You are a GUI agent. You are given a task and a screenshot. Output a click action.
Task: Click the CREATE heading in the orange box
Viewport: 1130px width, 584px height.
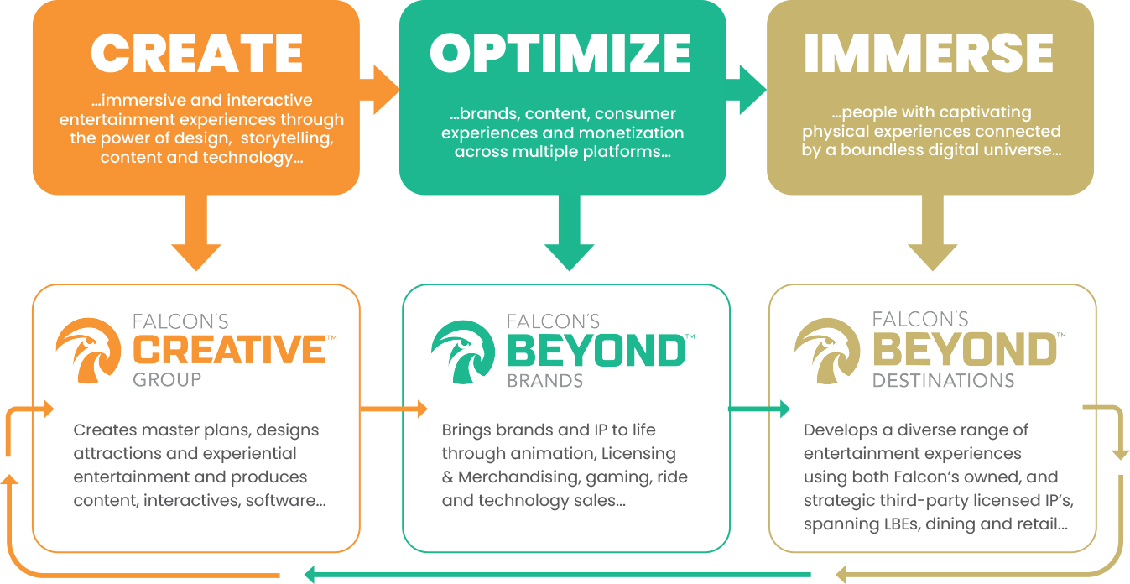196,54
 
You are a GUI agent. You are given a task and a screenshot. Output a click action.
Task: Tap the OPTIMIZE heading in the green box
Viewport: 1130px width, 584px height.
560,54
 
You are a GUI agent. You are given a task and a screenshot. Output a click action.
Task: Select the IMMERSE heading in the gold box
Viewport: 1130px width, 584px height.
929,54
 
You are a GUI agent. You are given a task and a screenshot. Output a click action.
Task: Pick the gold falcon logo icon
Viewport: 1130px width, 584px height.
826,351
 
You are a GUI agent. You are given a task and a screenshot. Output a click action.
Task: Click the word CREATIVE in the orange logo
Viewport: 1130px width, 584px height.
230,350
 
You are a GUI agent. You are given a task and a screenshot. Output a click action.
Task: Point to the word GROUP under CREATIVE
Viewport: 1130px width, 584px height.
167,379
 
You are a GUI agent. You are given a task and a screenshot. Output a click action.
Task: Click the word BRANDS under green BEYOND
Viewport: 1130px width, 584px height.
544,380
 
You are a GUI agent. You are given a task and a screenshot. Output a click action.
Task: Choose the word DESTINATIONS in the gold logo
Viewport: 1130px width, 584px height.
943,380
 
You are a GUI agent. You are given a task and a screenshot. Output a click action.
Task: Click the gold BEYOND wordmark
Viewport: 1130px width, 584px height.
964,350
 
